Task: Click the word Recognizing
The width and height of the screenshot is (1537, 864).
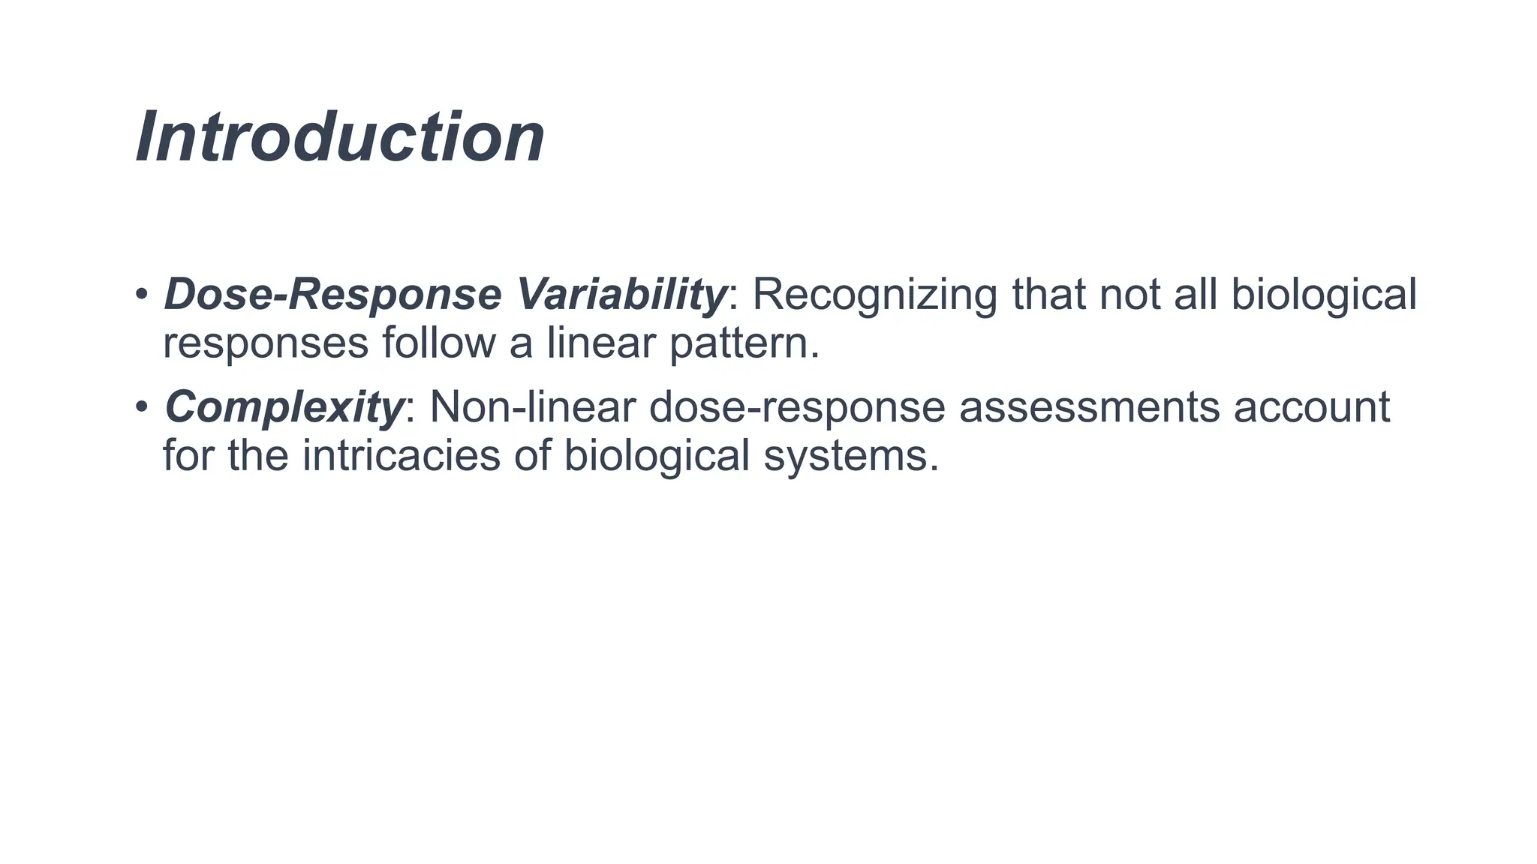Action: [x=874, y=294]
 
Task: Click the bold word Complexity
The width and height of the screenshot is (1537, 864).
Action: [x=284, y=408]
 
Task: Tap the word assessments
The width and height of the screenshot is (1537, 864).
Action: [x=1089, y=407]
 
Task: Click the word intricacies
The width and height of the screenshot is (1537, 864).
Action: [x=401, y=455]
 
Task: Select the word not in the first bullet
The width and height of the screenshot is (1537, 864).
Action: [x=1129, y=294]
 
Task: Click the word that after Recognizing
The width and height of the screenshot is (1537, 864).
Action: [x=1048, y=294]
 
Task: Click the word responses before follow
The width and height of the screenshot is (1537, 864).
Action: [x=266, y=344]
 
